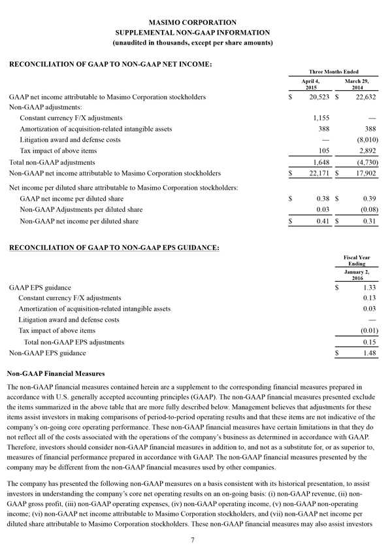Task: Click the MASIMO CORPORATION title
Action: (x=196, y=22)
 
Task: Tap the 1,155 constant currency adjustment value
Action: (x=318, y=118)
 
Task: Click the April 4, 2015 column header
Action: (x=310, y=84)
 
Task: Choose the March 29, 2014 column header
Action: (x=355, y=84)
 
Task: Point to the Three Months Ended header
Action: (x=333, y=71)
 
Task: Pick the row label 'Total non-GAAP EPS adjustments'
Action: (x=73, y=342)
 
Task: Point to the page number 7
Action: (x=193, y=539)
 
